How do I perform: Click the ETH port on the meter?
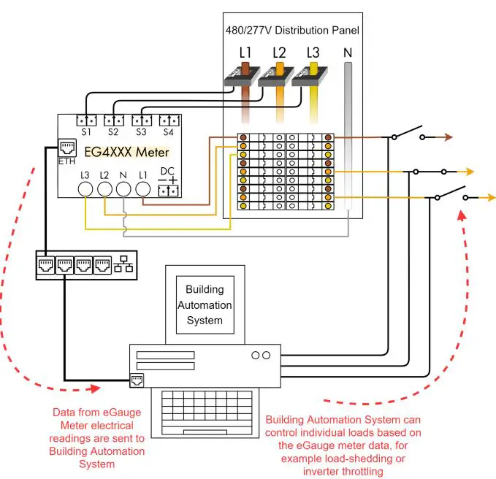click(66, 147)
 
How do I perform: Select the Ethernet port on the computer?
click(137, 379)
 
